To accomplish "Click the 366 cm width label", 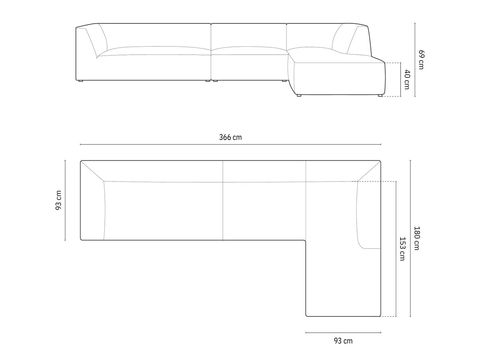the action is (230, 137).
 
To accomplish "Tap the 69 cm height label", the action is (421, 60).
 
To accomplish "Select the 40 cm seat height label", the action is (407, 80).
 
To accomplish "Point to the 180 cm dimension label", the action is (416, 238).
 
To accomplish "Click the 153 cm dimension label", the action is (402, 249).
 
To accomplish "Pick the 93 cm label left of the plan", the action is (59, 200).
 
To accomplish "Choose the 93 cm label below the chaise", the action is (343, 341).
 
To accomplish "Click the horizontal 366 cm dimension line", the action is (231, 144).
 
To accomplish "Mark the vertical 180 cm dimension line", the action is (410, 239).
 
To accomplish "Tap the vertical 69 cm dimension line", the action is (415, 60).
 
